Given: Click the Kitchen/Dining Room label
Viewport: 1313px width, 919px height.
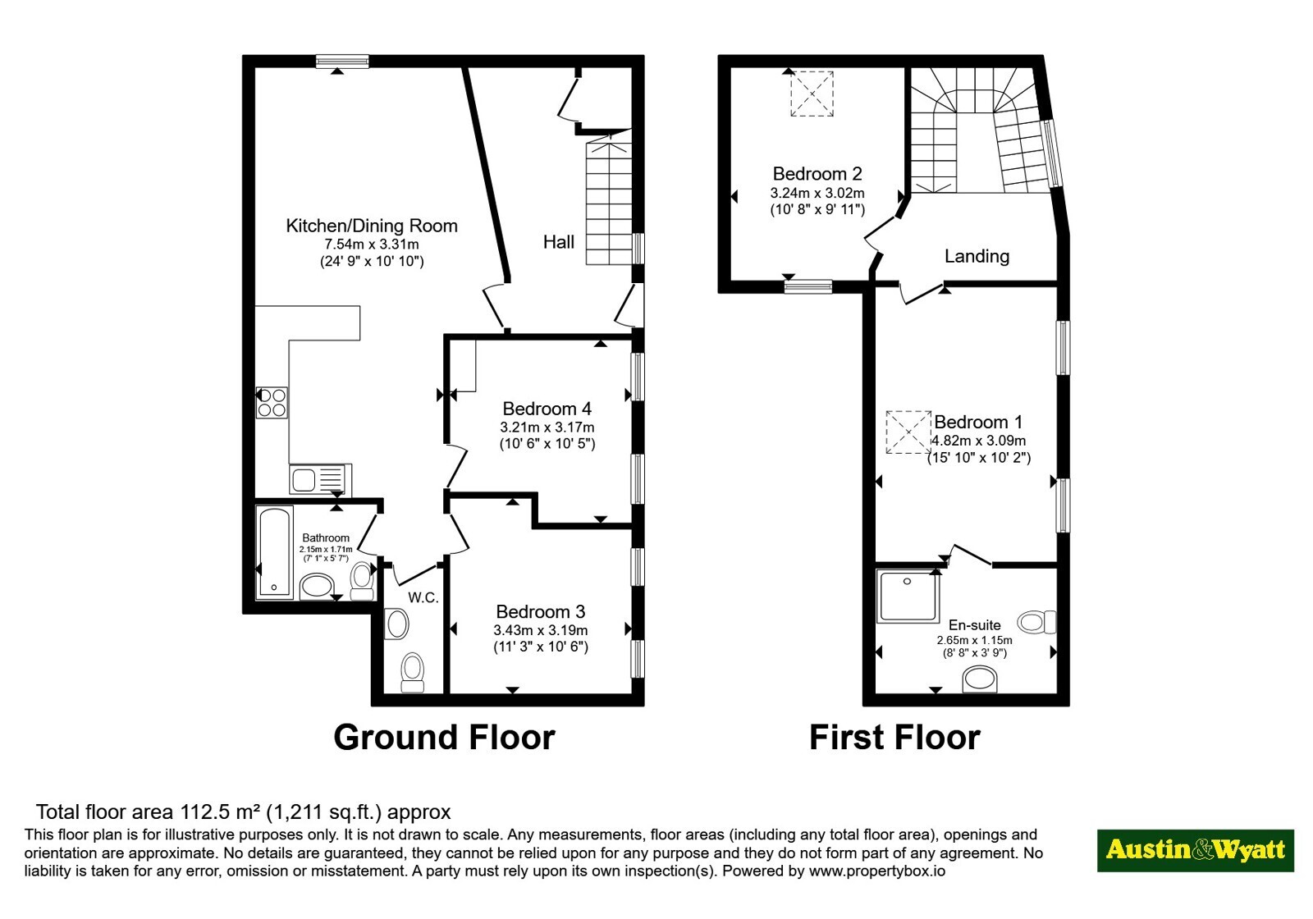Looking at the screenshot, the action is (372, 226).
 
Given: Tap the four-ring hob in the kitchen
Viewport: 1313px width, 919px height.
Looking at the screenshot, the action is (272, 403).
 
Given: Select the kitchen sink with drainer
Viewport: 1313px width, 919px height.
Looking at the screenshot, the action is (320, 479).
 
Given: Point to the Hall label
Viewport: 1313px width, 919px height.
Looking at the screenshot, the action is (559, 242).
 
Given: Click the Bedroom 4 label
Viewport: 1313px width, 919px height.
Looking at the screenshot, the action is (547, 409).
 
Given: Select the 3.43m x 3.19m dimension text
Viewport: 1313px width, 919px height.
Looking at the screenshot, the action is (541, 630).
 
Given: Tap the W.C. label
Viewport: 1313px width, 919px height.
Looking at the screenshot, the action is (423, 598).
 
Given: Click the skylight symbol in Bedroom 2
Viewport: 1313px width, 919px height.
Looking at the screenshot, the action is (812, 94).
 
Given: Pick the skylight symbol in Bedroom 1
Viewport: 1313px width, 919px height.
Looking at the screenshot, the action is (908, 432).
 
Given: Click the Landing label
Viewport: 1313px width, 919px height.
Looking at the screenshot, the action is (977, 256).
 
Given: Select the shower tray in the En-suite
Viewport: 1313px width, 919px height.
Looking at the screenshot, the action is (908, 596).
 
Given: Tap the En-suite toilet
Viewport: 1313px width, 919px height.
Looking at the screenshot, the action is (1037, 621).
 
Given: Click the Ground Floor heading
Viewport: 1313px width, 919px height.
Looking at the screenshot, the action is (444, 738).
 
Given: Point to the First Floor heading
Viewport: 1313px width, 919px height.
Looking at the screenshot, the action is (894, 738).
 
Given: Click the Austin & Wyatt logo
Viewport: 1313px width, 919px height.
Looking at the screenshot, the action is (1195, 850).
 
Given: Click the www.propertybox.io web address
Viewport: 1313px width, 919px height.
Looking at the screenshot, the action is (877, 871).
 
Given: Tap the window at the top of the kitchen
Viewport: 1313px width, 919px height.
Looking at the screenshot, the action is (342, 61).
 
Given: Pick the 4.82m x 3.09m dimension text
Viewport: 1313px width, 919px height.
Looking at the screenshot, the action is (978, 441).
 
